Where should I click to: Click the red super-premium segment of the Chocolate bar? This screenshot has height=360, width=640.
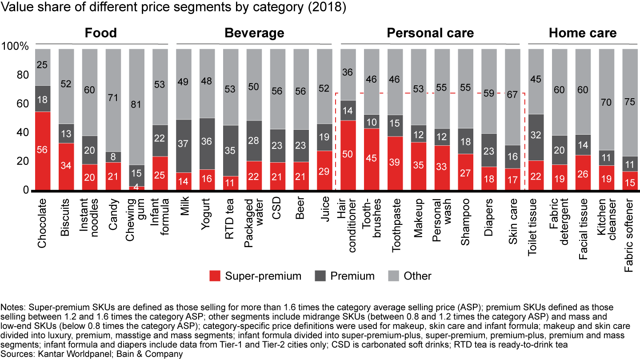(x=49, y=151)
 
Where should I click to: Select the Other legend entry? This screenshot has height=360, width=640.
(x=410, y=276)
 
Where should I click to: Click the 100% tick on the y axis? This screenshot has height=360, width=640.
(x=16, y=46)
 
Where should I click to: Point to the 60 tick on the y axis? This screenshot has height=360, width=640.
(x=22, y=104)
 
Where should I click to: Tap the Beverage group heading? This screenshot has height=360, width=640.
(x=254, y=33)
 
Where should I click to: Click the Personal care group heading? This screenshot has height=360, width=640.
(x=430, y=33)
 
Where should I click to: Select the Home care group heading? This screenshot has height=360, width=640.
(x=583, y=33)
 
